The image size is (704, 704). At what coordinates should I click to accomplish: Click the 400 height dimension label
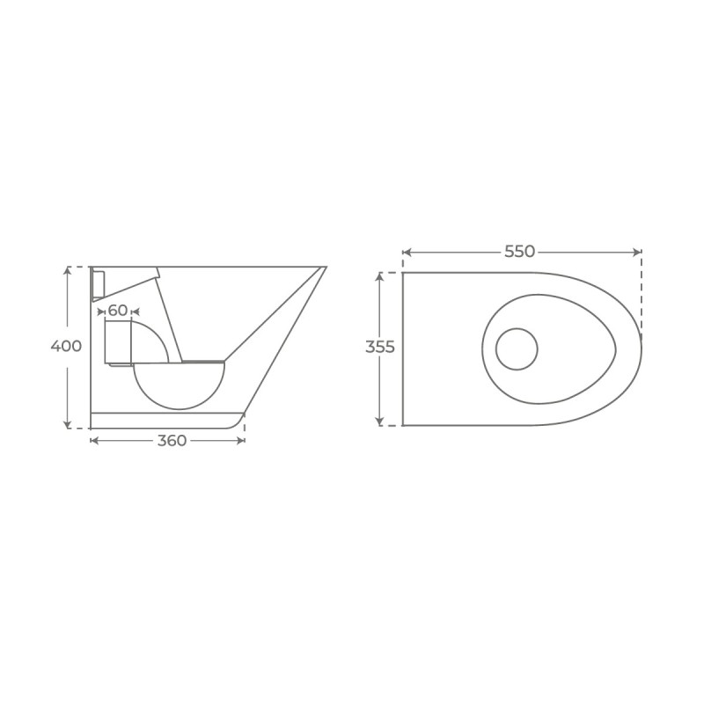[66, 346]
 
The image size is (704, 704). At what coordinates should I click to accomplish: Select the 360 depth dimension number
[172, 441]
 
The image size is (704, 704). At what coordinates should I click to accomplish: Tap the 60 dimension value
[118, 311]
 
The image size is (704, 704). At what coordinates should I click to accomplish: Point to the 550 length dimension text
[519, 252]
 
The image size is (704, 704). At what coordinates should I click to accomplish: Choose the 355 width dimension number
[380, 347]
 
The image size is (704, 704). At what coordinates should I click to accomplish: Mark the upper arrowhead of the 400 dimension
[68, 270]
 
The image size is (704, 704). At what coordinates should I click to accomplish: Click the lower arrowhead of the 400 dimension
[68, 425]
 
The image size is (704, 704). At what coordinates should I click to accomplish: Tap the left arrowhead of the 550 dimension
[407, 253]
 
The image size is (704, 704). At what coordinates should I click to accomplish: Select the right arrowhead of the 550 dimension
[637, 253]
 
